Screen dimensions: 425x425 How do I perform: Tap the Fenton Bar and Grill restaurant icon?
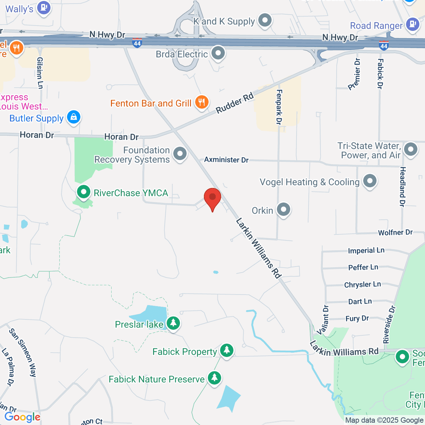(202, 102)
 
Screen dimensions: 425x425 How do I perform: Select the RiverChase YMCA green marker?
(84, 192)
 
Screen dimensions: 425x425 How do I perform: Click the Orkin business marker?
(284, 210)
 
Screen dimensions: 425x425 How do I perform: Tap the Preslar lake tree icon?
(173, 323)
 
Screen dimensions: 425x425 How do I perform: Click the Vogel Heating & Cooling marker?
(370, 181)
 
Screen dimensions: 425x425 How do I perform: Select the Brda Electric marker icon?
(218, 53)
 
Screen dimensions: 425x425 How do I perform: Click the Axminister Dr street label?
(226, 160)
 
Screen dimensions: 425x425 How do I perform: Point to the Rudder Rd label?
(235, 103)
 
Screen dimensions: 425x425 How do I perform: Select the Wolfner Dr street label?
(395, 233)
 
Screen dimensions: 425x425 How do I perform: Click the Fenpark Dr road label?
(279, 107)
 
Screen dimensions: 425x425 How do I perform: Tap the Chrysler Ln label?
(362, 284)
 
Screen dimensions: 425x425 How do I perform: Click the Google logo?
(22, 417)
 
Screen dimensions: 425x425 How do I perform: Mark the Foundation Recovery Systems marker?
(180, 154)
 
